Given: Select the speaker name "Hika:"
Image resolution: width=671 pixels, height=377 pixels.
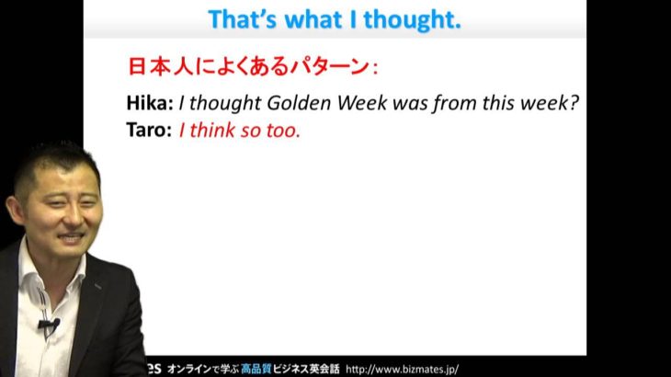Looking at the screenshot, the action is [x=150, y=103].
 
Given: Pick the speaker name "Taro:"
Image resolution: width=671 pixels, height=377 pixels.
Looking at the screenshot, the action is [x=149, y=130].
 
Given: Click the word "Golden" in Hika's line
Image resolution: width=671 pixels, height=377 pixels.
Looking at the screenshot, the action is [x=299, y=103].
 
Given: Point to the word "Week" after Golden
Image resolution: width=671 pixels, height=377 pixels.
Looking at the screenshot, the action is [x=362, y=103].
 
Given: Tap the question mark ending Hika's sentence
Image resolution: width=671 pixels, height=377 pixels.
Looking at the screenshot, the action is [x=574, y=103].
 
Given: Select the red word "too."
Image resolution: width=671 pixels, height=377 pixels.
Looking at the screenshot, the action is [x=283, y=131].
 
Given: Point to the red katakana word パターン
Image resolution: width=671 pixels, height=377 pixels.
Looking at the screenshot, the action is [x=329, y=67].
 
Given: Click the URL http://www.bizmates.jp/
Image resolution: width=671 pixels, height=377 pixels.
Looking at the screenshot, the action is [x=403, y=370].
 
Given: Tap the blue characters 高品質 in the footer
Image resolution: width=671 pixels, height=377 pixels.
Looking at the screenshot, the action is [x=256, y=370].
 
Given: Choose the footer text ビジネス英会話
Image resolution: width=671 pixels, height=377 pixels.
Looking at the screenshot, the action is [x=306, y=370].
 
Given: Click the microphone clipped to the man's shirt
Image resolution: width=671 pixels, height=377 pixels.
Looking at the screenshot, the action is [x=49, y=326].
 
